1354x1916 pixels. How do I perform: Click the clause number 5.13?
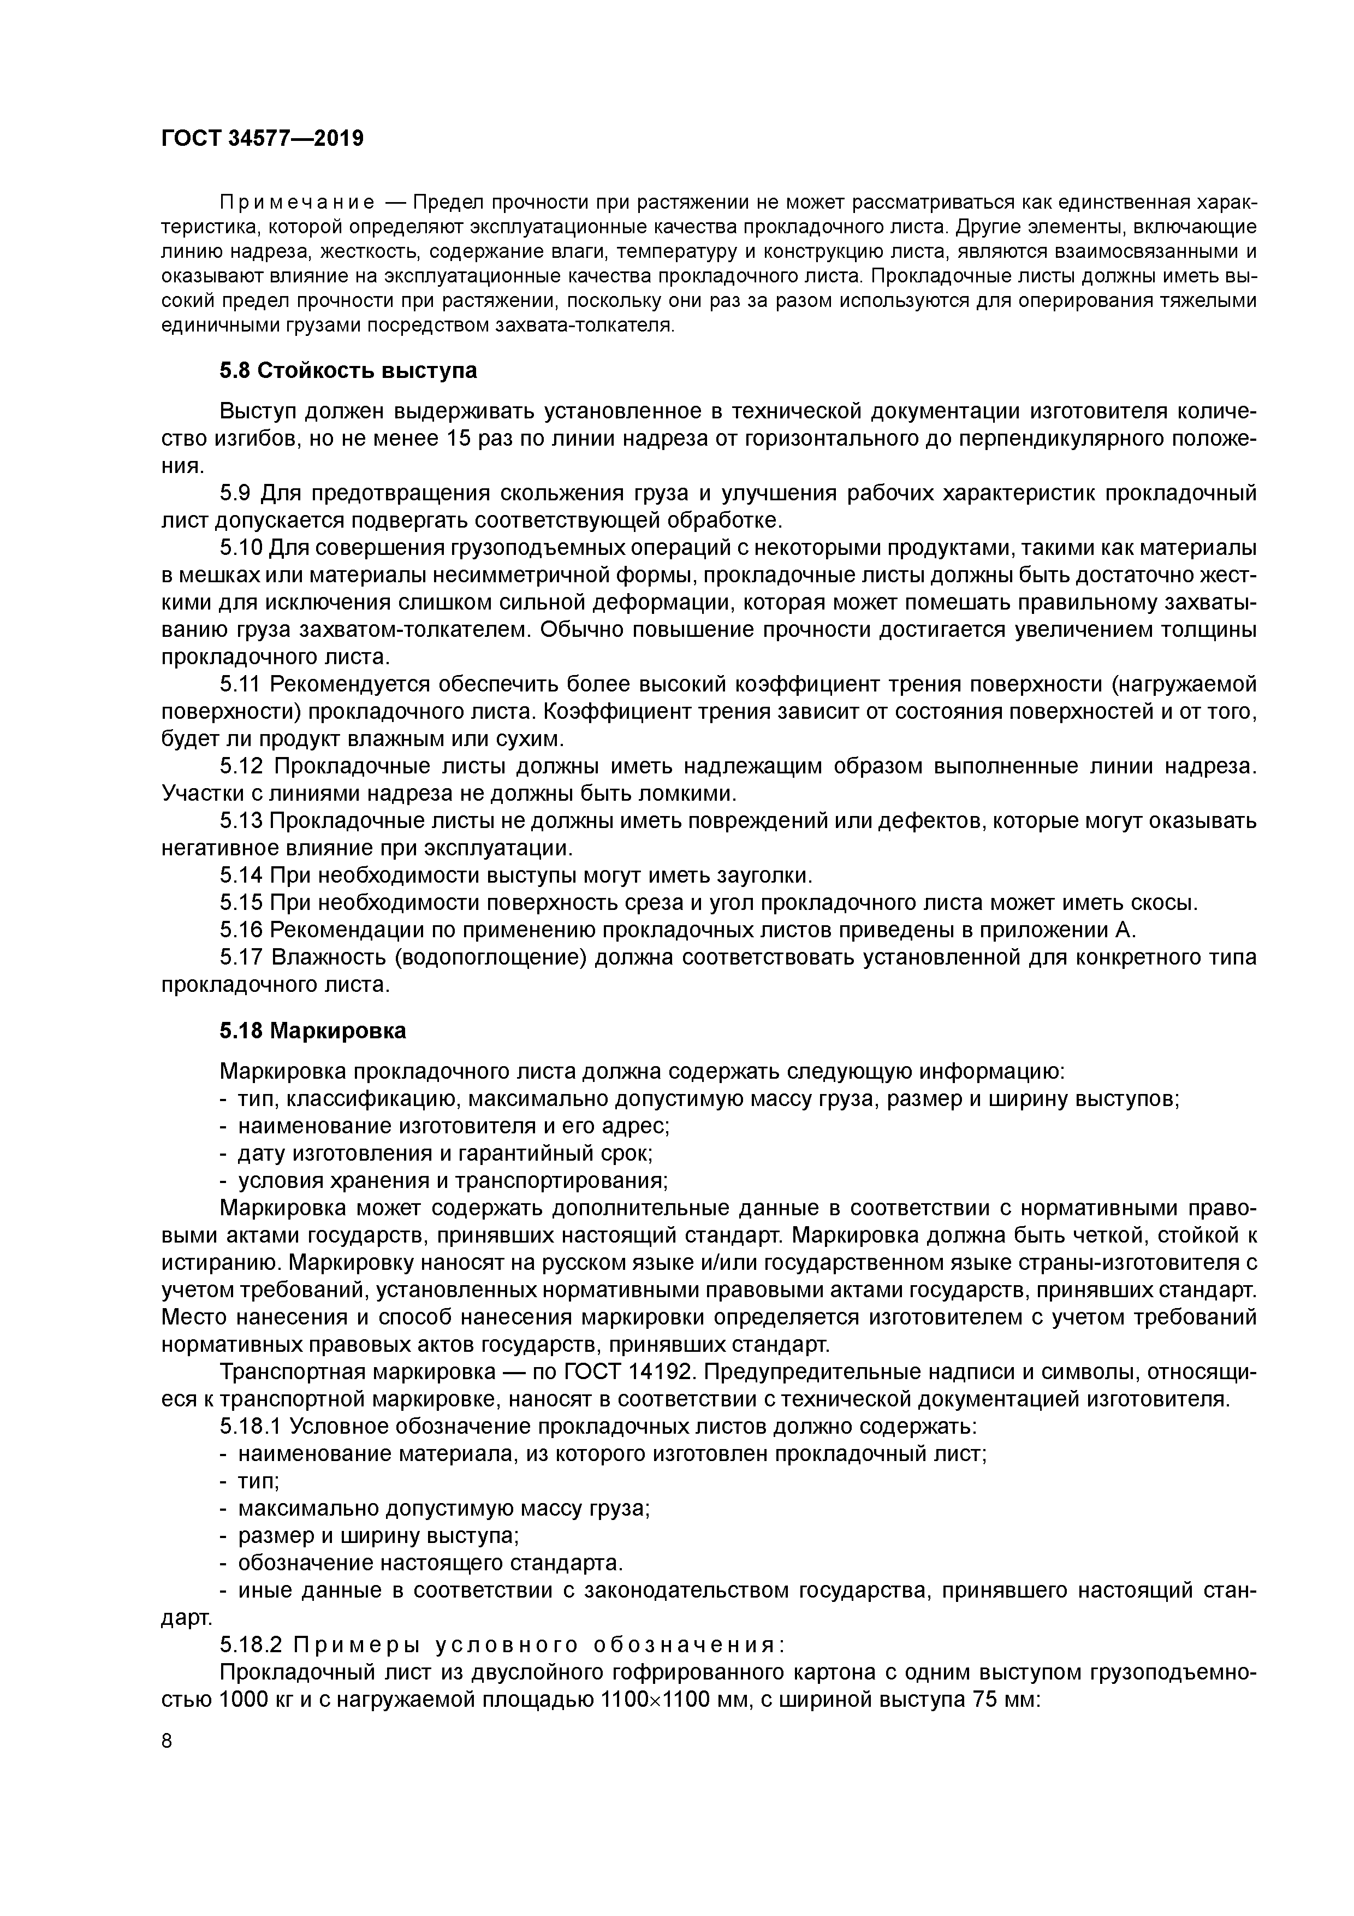point(242,821)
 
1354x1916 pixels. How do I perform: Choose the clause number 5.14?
point(242,876)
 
